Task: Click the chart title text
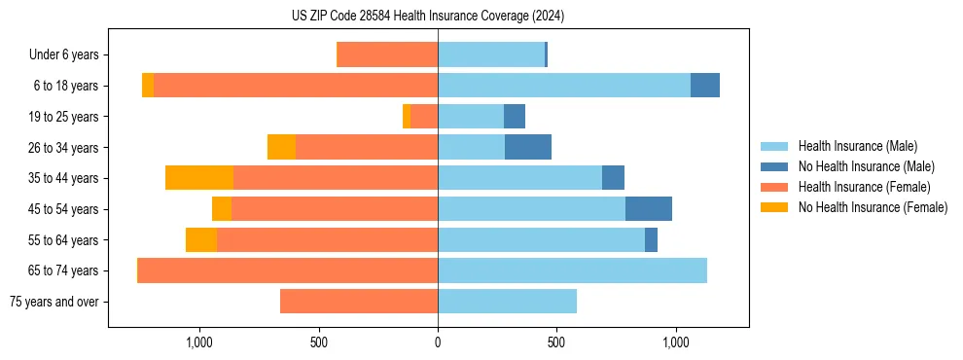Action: [x=428, y=16]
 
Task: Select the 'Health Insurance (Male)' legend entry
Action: [x=857, y=146]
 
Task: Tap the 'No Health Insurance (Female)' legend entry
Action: [x=873, y=207]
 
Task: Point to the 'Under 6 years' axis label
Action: [x=64, y=55]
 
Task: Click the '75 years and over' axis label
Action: [x=53, y=302]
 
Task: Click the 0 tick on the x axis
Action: [x=438, y=342]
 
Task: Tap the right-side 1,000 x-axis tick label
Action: [x=676, y=342]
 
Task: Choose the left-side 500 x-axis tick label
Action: [x=319, y=342]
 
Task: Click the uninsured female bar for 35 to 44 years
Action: [x=199, y=178]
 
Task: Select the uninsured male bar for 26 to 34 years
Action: [x=528, y=147]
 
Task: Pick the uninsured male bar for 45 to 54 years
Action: [x=649, y=209]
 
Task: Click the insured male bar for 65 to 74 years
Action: [x=572, y=270]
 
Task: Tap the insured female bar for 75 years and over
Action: [x=359, y=302]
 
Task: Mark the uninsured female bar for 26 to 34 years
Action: [x=281, y=147]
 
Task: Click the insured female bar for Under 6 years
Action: [x=387, y=54]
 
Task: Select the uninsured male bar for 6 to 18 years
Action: [x=705, y=86]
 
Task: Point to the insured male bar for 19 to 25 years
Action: [x=471, y=117]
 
